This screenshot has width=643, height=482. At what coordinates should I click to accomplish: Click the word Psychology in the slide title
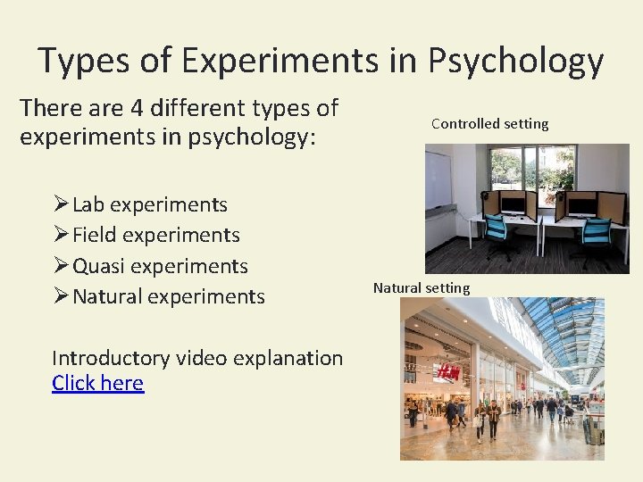click(x=516, y=61)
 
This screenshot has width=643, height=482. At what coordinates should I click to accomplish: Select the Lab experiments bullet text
click(x=149, y=204)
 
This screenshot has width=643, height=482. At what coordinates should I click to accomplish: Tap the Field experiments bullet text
click(x=155, y=235)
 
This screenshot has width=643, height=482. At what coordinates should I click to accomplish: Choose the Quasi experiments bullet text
click(x=160, y=266)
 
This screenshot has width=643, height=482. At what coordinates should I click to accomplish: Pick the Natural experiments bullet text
click(x=168, y=296)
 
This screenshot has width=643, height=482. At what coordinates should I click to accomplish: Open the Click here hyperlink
click(x=97, y=383)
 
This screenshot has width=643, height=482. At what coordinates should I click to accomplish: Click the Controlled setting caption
click(x=489, y=124)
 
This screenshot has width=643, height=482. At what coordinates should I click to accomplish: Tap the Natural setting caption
click(x=421, y=287)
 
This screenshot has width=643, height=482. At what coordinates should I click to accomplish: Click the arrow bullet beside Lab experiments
click(x=61, y=204)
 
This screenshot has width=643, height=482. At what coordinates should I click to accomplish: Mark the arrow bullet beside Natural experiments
click(x=61, y=296)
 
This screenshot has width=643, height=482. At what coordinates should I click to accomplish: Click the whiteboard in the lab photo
click(x=438, y=179)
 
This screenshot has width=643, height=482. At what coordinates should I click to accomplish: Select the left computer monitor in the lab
click(x=513, y=204)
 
